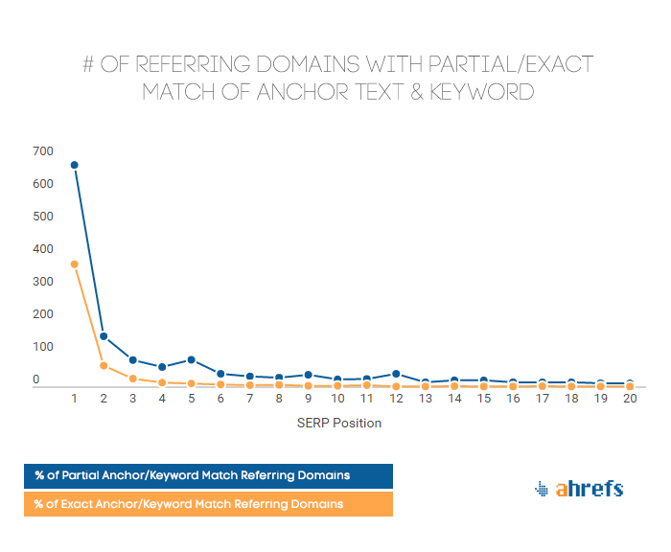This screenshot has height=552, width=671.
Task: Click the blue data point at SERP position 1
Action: (75, 165)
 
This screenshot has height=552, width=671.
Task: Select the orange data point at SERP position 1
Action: (75, 264)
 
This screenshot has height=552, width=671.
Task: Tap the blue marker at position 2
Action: (104, 336)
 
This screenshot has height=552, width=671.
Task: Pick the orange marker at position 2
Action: (104, 365)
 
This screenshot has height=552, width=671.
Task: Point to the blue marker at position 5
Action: (192, 359)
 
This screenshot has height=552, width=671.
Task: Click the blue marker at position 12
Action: (396, 374)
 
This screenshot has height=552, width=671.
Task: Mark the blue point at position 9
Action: (309, 375)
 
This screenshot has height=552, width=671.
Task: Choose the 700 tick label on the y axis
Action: (42, 151)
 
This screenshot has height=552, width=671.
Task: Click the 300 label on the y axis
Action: (42, 282)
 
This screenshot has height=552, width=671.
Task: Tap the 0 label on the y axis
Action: (36, 379)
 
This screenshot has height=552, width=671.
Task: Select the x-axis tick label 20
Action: (629, 398)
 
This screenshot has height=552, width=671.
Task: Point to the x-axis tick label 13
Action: (425, 398)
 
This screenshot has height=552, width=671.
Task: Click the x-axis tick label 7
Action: (250, 398)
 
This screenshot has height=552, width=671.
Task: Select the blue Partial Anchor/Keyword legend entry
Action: (208, 475)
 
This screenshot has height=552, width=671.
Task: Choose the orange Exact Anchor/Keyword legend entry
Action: (208, 503)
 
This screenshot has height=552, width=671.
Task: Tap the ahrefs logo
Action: (578, 489)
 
